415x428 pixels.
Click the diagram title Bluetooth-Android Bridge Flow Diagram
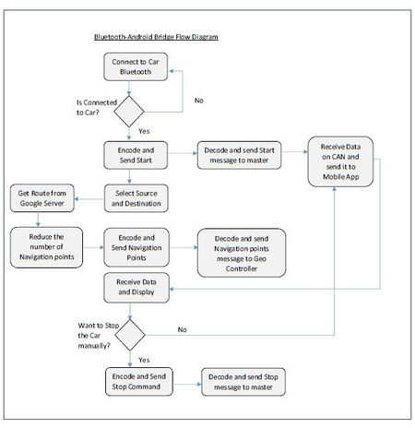pos(156,37)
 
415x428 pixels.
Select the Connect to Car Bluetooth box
pos(136,66)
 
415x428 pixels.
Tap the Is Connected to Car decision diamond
pos(129,112)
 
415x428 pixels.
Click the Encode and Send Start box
pos(136,155)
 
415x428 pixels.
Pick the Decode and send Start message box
pos(239,155)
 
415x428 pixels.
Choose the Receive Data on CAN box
pos(340,161)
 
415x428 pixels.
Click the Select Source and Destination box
pos(136,198)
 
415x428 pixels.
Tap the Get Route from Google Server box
pos(42,198)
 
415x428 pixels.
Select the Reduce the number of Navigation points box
pos(46,247)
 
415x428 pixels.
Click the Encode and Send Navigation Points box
pos(136,247)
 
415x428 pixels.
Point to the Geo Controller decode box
pos(242,253)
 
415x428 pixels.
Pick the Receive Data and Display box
pos(136,288)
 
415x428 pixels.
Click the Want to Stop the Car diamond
pos(130,335)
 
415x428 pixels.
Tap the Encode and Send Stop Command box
pos(139,382)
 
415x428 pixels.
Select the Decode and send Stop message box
pos(243,382)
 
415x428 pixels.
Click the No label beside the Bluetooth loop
pos(199,101)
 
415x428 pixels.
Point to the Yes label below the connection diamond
pos(144,131)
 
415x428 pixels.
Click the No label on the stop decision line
pos(183,329)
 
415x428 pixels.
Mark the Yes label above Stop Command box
pos(144,360)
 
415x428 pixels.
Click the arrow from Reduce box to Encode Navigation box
pos(93,247)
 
